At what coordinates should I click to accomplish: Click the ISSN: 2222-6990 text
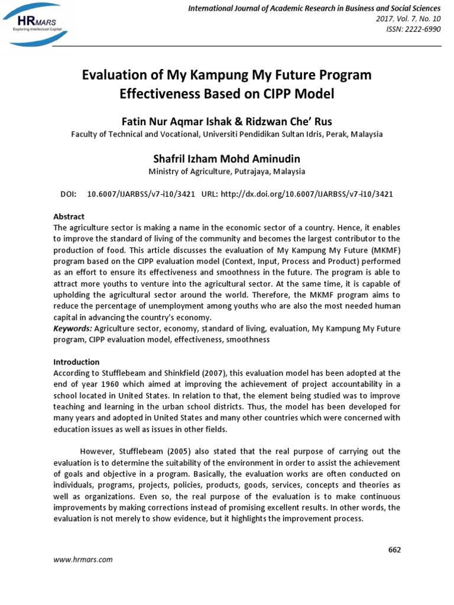[414, 30]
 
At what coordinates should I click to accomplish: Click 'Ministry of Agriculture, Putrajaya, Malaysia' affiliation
[226, 171]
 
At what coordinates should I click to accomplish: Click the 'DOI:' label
[69, 194]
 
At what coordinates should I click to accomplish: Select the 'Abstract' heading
[69, 217]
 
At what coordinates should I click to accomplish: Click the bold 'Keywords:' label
[74, 328]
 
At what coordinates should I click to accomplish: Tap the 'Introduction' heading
[77, 362]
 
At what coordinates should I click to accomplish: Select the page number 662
[394, 549]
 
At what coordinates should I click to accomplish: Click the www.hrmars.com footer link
[83, 560]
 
